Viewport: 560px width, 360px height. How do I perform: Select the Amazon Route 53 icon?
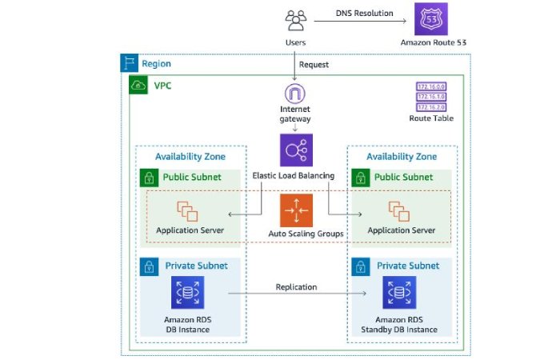430,18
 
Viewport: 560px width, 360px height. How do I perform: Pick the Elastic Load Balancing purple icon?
296,150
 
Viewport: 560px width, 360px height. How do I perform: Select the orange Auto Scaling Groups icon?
296,210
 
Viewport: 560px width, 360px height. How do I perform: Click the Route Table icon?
430,96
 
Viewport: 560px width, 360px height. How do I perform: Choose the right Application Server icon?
401,211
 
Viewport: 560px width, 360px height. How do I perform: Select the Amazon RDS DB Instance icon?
189,293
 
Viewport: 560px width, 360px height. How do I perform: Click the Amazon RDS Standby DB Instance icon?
401,293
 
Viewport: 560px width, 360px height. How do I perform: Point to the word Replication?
296,286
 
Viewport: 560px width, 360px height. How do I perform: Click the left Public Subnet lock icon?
148,178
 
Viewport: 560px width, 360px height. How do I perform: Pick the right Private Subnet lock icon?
359,266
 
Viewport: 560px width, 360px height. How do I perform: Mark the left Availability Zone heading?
190,157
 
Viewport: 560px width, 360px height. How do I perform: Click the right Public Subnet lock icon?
359,178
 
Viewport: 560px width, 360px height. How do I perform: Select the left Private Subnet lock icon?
148,266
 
